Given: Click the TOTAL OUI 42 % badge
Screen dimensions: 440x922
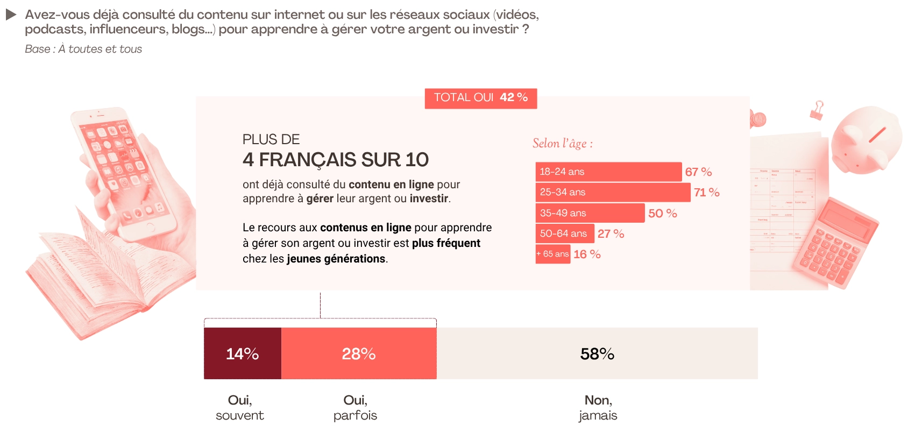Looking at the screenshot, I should (x=480, y=98).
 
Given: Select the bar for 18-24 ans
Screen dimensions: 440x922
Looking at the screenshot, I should (x=608, y=172).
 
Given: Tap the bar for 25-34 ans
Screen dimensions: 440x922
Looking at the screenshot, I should (x=613, y=192).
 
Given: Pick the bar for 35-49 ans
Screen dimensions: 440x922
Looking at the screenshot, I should (x=590, y=213).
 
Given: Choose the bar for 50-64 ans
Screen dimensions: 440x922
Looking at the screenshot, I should (x=564, y=233).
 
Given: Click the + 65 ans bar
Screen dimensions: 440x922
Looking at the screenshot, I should (x=552, y=254).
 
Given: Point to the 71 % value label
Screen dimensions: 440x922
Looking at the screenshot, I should (x=706, y=193).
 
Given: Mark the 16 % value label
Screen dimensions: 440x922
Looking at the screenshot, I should (x=587, y=254).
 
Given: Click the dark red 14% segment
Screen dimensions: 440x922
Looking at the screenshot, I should (x=242, y=353).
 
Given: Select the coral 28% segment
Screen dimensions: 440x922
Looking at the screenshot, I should (x=359, y=353).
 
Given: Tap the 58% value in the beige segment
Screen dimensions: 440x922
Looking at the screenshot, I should (x=597, y=353).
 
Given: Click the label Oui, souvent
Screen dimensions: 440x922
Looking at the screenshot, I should (x=240, y=408).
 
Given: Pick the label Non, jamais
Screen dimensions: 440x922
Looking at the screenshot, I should (x=598, y=408).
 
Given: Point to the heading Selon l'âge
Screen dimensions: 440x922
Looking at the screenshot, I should (x=562, y=144).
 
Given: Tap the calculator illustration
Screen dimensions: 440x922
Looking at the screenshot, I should (x=834, y=242).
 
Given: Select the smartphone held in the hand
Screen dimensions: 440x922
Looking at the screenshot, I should (x=124, y=172).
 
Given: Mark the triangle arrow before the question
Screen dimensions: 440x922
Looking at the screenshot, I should (x=11, y=15).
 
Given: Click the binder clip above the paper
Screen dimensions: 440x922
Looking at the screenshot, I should (x=817, y=110).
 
